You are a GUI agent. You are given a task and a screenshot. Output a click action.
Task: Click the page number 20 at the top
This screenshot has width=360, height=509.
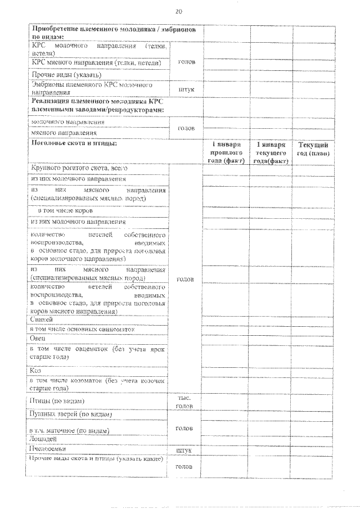pos(179,11)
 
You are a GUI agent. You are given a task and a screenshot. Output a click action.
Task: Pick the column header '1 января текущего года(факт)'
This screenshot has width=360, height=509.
pos(271,152)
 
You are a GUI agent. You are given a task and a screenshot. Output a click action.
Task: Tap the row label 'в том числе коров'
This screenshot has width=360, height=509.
pos(65,211)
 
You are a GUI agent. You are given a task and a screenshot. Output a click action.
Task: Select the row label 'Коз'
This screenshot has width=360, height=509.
pos(35,370)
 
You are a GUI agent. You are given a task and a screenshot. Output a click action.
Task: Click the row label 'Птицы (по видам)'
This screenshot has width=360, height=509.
pos(57,400)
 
